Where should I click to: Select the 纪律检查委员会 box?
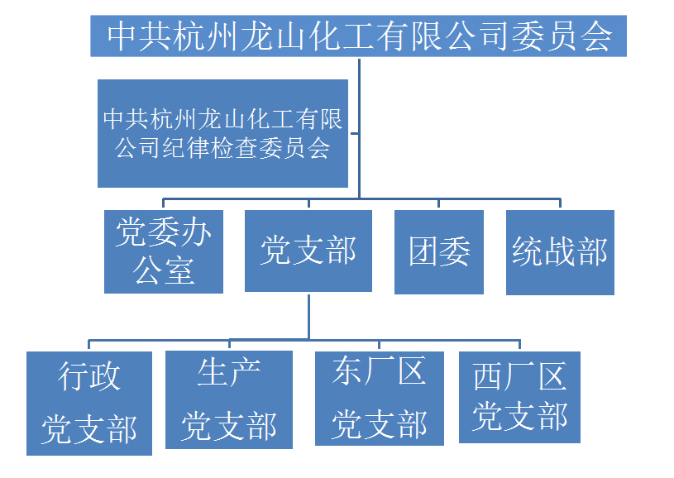click(x=222, y=133)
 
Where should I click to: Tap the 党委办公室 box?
click(x=164, y=251)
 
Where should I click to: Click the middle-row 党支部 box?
click(x=308, y=251)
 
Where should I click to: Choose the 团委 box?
click(x=439, y=251)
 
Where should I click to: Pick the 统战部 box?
click(x=560, y=251)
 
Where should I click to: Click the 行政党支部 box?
click(x=89, y=403)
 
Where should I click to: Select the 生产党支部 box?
click(x=229, y=399)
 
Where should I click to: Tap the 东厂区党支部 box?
click(x=379, y=399)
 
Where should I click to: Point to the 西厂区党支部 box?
click(x=519, y=397)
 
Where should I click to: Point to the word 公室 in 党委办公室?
click(x=164, y=270)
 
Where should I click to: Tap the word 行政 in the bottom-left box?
click(x=89, y=376)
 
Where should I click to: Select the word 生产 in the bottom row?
click(x=229, y=373)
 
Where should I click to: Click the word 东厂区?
click(x=379, y=371)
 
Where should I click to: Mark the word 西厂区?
click(x=519, y=377)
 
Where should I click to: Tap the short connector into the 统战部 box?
click(x=560, y=204)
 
